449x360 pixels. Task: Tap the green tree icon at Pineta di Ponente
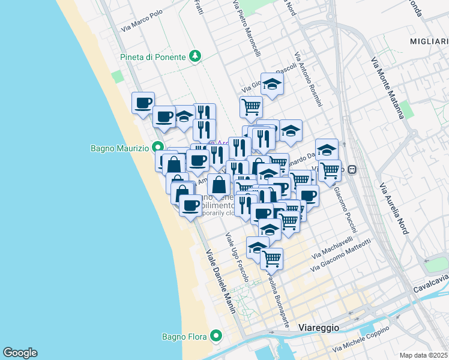pos(194,56)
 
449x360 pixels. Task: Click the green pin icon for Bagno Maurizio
pos(158,146)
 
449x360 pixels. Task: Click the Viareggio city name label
pos(319,328)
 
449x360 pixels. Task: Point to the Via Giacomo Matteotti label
pos(342,250)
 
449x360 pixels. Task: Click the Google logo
pos(20,353)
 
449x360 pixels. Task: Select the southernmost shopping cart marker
pos(271,258)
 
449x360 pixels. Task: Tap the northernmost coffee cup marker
pos(143,102)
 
